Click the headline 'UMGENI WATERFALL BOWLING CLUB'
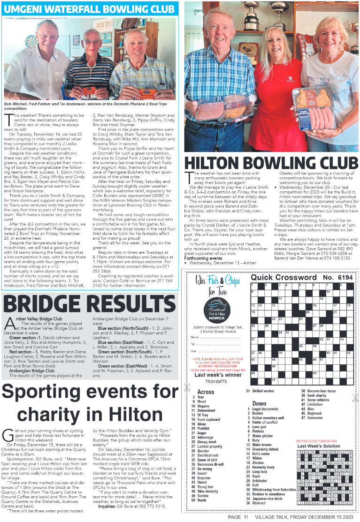(90, 9)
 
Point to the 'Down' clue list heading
(259, 403)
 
